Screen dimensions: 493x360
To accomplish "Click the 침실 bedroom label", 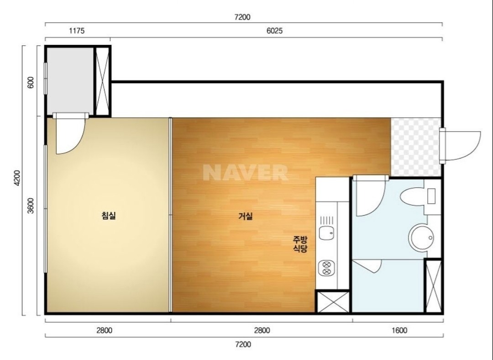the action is coord(109,216).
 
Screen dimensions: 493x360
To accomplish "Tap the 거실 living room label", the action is coord(246,216).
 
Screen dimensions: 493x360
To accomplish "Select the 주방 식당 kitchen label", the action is coord(300,244).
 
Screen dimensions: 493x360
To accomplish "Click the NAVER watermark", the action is coord(246,172).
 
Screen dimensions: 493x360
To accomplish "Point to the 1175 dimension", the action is coord(77,31).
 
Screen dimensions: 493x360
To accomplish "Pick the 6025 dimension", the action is coord(274,31).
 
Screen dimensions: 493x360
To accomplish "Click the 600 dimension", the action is coord(31,82).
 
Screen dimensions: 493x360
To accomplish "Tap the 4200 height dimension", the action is coord(17,178).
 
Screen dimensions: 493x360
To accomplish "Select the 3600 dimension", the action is coord(31,206).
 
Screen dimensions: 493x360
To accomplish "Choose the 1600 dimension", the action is coord(399,330).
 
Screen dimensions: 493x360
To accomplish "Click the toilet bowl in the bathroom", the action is coord(412,196).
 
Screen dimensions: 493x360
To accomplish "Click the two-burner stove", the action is coord(326,268).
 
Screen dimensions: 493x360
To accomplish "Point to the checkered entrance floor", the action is coord(416,147).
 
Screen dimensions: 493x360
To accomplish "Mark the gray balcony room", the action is coord(70,81).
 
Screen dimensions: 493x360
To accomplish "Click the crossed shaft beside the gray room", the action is coord(102,81).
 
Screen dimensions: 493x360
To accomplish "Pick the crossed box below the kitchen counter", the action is coord(333,302).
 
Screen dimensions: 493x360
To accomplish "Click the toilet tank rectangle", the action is coord(431,196).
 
